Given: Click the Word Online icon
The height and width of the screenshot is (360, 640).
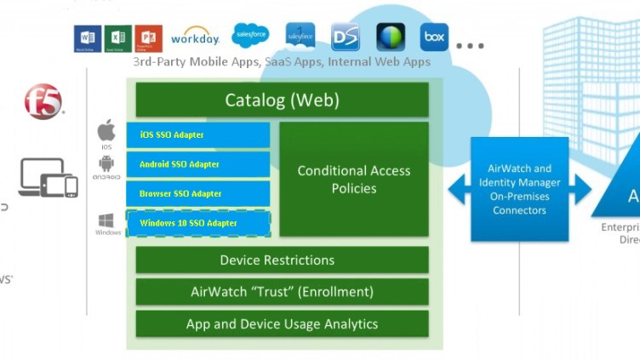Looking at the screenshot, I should (87, 38).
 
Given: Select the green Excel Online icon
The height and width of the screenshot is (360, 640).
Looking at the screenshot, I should (117, 38).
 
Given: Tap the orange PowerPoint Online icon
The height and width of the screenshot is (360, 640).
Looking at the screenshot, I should (148, 38).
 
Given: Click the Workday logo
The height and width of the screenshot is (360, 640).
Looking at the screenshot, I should (195, 37).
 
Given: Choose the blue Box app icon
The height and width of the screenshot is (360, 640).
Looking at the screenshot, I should (434, 37).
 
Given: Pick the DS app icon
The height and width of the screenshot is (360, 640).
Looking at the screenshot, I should (346, 37).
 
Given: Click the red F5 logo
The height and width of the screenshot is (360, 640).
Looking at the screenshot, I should (43, 101).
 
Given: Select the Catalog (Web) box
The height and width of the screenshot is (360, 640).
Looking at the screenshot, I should (282, 100).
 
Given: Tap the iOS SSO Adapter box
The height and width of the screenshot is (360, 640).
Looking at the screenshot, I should (198, 134).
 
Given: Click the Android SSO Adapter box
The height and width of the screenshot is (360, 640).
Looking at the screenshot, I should (198, 164).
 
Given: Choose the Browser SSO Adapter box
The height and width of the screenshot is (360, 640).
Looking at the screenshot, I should (198, 193).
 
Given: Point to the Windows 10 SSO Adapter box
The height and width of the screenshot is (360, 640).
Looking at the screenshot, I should (198, 223).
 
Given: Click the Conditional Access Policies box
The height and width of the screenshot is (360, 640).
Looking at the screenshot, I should (354, 179).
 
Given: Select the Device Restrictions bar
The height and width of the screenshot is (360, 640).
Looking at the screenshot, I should (282, 260).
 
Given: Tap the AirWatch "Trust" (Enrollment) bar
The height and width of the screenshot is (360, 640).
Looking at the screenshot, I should (282, 292).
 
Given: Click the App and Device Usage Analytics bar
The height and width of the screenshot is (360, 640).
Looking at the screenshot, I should (282, 324).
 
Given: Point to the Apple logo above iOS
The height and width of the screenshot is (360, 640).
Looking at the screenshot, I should (106, 131).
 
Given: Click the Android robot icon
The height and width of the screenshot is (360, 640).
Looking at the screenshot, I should (106, 164).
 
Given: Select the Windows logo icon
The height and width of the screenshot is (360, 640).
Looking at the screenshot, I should (107, 220).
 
